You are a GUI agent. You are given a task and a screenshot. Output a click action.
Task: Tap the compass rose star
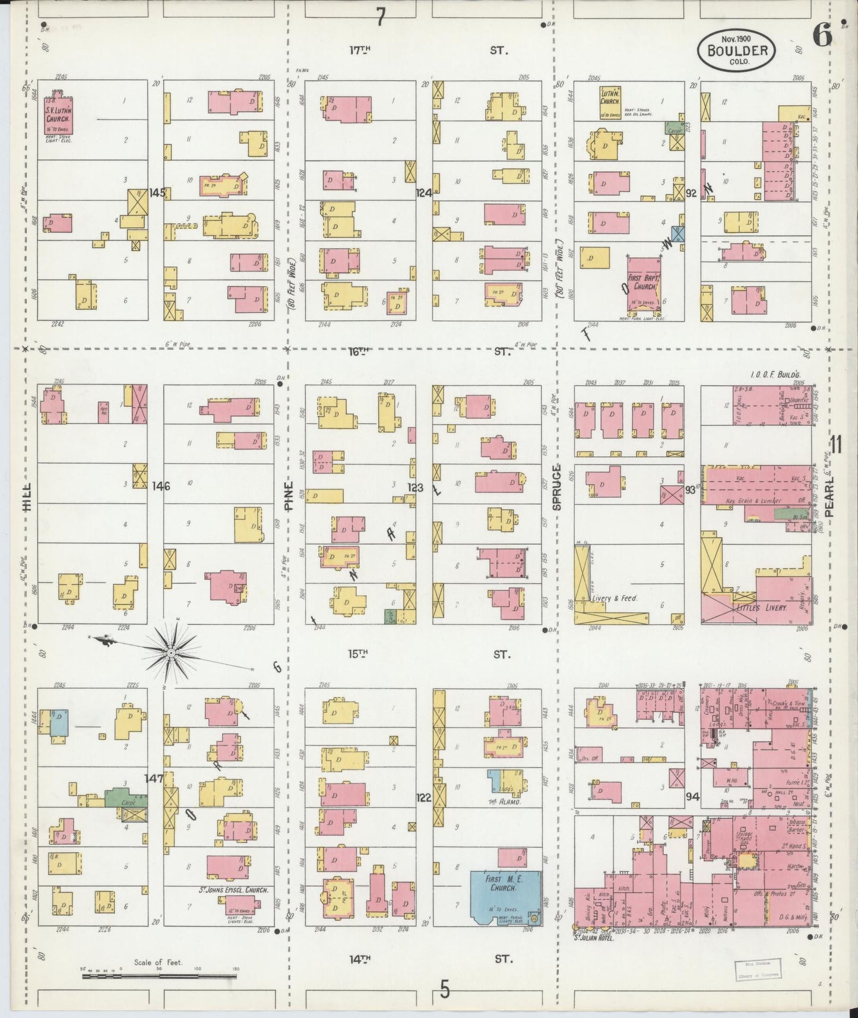click(x=170, y=652)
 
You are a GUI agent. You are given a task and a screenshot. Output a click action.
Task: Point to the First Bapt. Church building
click(x=644, y=284)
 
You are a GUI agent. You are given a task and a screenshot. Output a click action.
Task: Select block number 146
click(x=160, y=486)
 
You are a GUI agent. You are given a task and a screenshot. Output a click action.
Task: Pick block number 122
click(x=423, y=798)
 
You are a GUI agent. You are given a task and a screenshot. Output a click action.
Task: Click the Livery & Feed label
click(x=614, y=598)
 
